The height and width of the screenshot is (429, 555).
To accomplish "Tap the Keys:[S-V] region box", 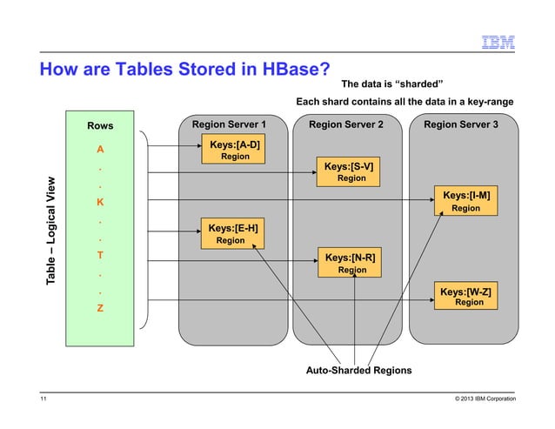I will (350, 171).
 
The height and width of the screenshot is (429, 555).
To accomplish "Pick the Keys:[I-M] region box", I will (465, 201).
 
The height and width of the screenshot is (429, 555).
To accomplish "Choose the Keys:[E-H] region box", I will (232, 233).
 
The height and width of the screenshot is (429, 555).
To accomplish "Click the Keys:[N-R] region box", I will (350, 263).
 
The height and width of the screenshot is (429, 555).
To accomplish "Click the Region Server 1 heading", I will (229, 125).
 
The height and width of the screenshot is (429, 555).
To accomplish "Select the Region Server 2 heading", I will (346, 125).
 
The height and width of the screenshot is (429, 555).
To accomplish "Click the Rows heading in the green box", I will (100, 126).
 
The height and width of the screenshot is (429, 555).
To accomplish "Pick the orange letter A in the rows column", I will (101, 149).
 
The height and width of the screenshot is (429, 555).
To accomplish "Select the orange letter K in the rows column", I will (101, 202).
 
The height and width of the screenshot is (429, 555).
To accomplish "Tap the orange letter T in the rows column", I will (101, 255).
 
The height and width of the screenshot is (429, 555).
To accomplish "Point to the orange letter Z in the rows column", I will (101, 308).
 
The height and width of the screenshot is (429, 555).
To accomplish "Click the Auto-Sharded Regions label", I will (358, 371).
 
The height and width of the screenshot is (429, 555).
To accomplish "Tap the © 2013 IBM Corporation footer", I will (479, 399).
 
